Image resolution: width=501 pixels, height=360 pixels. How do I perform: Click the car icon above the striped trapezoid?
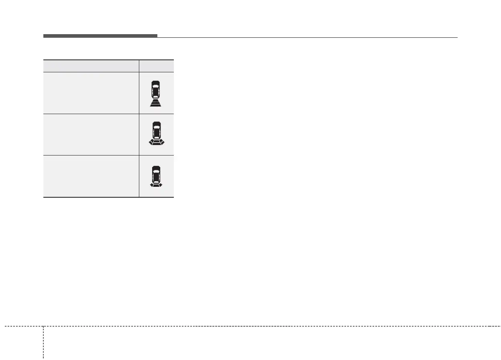point(157,90)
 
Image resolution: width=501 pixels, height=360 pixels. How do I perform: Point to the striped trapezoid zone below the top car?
point(157,103)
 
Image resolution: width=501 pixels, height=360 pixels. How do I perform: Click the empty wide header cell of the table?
point(91,66)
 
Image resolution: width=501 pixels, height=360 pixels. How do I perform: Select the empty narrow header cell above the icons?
point(157,66)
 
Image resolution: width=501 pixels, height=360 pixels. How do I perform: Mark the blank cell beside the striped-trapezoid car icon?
point(91,93)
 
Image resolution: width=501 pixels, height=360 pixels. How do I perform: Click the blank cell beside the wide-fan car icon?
point(91,134)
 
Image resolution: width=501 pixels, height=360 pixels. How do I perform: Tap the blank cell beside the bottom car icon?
point(91,176)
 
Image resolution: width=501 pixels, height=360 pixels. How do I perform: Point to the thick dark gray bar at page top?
point(100,36)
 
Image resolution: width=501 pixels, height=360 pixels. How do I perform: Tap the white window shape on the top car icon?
point(157,85)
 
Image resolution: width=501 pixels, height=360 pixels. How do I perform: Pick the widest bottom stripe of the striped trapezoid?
point(157,105)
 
